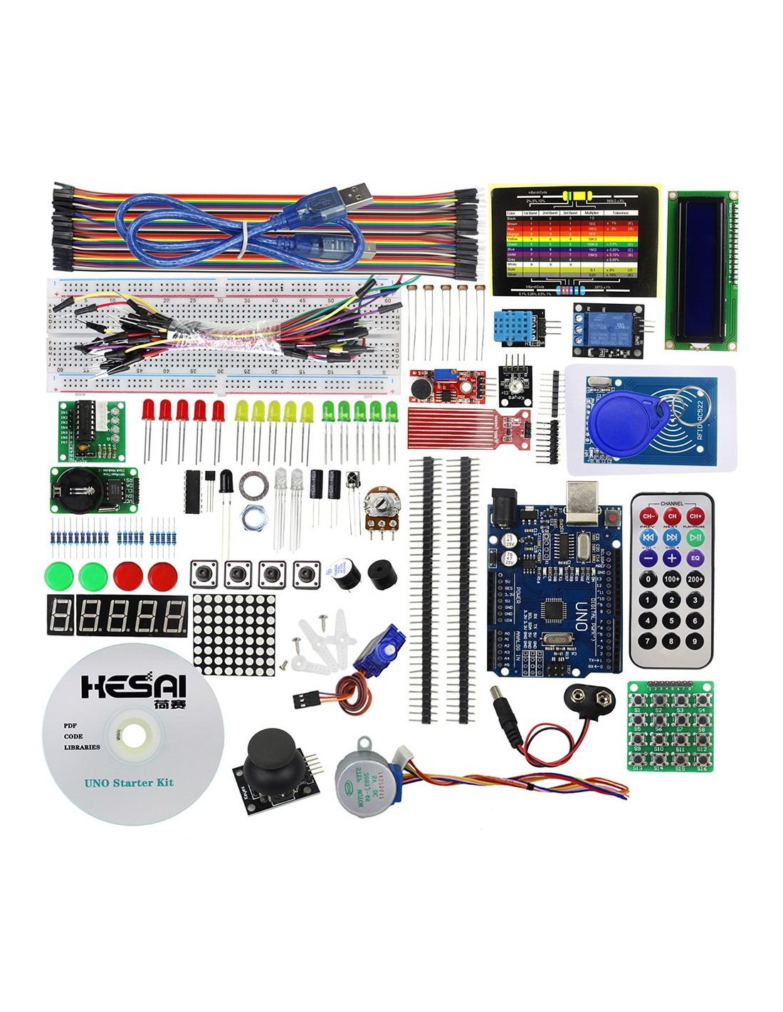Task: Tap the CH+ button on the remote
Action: click(x=695, y=516)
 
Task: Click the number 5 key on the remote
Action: click(x=671, y=621)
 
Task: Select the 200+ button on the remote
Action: click(x=695, y=579)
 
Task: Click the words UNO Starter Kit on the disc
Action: click(x=129, y=783)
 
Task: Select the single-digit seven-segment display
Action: click(x=61, y=616)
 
